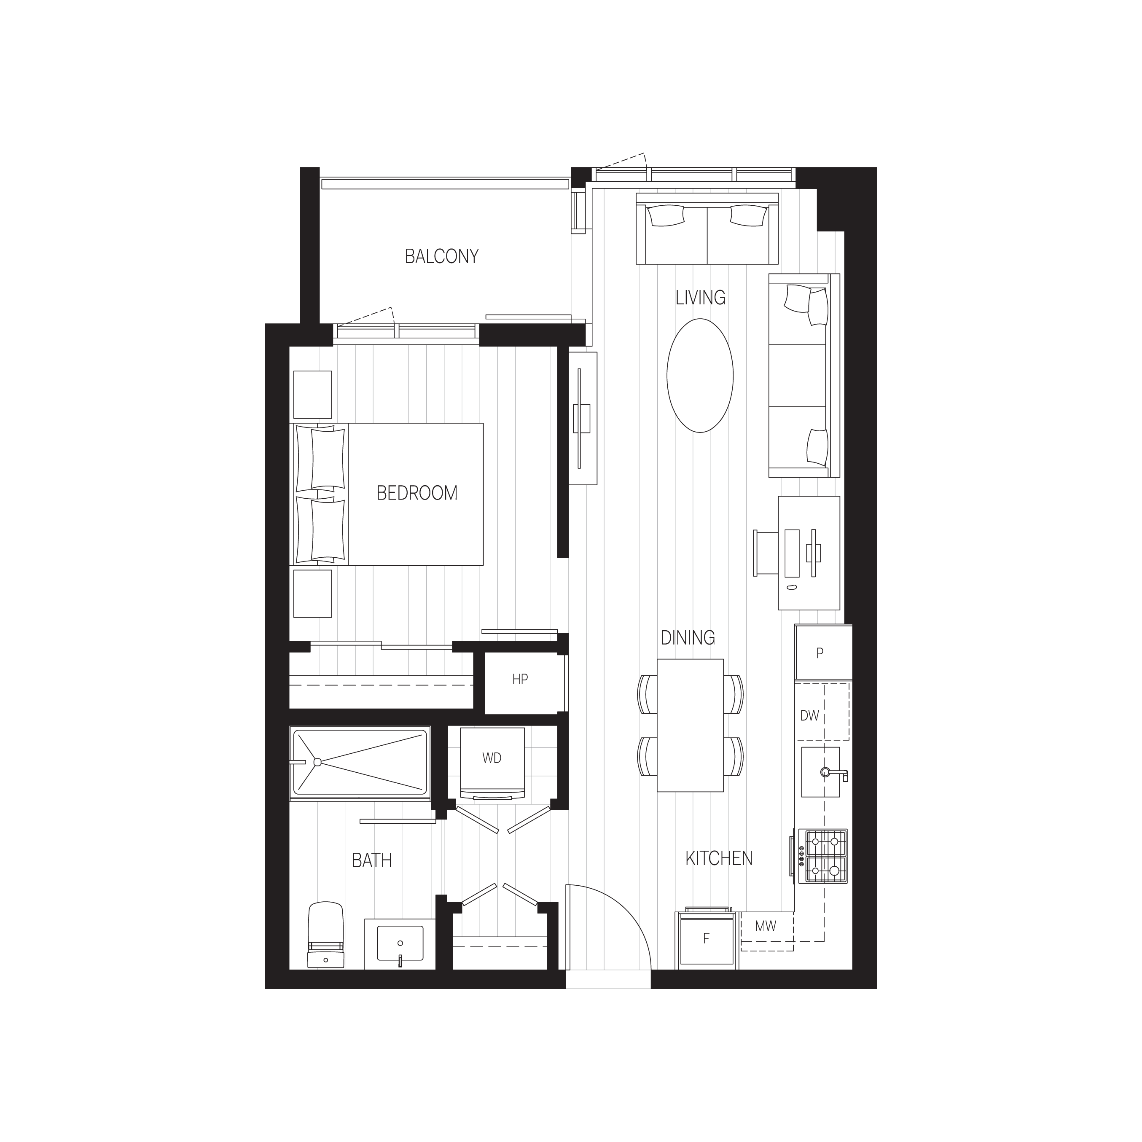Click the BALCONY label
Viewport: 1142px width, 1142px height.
tap(441, 257)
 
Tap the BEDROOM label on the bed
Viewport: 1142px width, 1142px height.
tap(417, 493)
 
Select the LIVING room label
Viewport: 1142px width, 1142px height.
tap(701, 297)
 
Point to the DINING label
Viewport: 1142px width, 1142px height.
tap(688, 638)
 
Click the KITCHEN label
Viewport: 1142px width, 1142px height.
tap(719, 858)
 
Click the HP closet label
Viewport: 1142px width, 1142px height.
tap(520, 680)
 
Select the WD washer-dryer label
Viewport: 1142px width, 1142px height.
tap(492, 758)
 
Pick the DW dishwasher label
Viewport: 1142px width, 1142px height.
tap(809, 716)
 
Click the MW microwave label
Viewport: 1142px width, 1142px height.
tap(766, 926)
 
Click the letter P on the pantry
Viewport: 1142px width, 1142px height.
tap(820, 653)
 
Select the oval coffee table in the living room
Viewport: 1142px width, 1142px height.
tap(700, 375)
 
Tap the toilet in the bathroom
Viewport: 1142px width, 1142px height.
tap(326, 934)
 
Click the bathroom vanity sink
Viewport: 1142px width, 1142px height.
tap(400, 943)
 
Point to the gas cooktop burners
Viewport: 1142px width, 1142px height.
tap(823, 855)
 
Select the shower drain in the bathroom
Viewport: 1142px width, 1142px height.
tap(317, 762)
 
